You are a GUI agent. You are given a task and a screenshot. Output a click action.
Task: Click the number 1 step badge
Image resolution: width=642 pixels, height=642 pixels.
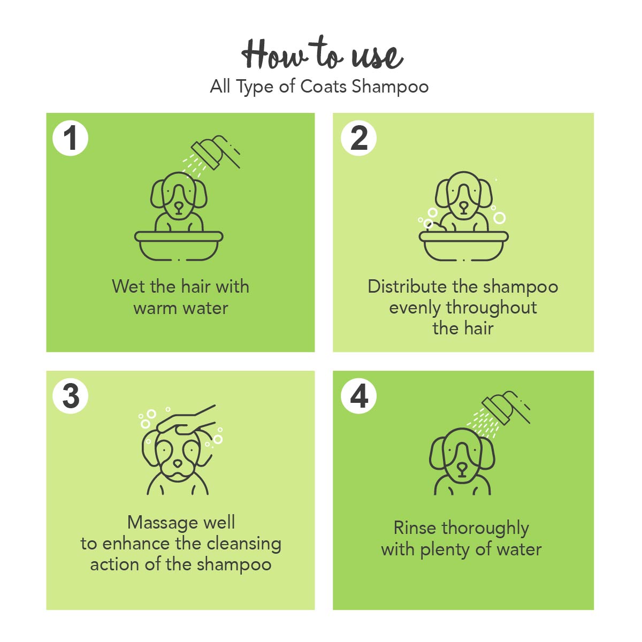pos(70,138)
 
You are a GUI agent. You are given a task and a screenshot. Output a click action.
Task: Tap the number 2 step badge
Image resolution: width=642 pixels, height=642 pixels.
pos(358,138)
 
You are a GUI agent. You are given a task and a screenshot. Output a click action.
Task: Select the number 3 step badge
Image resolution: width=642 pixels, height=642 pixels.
pos(70,396)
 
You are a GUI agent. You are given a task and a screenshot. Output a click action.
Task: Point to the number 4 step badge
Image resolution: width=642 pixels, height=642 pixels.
pos(358,396)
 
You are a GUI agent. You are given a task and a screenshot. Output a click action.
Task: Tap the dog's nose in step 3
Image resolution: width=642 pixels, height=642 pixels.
pos(178,463)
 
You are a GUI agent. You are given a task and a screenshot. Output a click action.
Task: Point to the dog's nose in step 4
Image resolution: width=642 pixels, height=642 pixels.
pos(462,469)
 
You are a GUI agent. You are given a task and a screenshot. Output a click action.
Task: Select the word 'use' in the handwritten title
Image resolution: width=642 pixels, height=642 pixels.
pos(377,57)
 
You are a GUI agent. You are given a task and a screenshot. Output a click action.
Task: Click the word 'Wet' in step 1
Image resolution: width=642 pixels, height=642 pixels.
pos(128,286)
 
